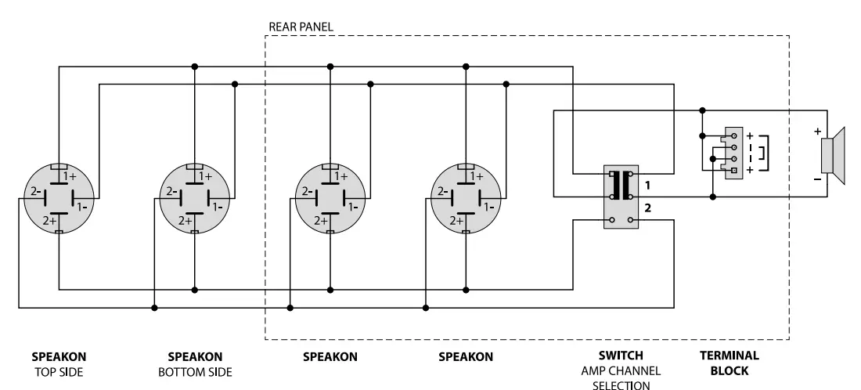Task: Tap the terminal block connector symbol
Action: (734, 152)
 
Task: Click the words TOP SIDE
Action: (59, 370)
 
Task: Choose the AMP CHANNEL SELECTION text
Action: (621, 377)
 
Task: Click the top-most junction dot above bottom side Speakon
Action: (194, 67)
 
